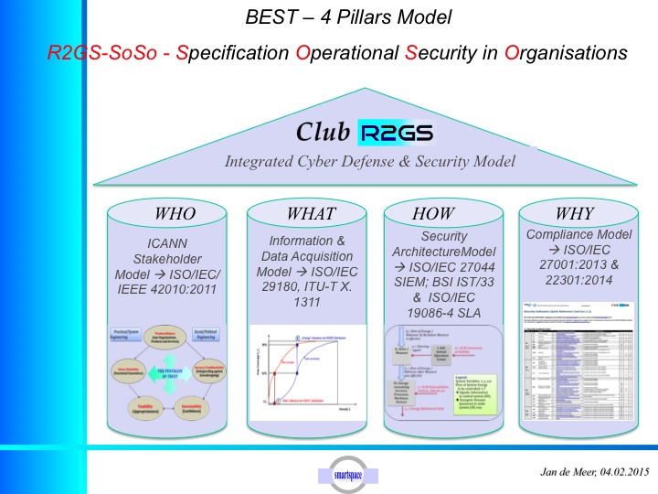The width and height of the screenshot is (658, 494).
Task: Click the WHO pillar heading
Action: point(175,215)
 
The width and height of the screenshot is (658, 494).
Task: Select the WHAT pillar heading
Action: point(311,215)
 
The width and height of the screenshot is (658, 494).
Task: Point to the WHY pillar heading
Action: point(574,214)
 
